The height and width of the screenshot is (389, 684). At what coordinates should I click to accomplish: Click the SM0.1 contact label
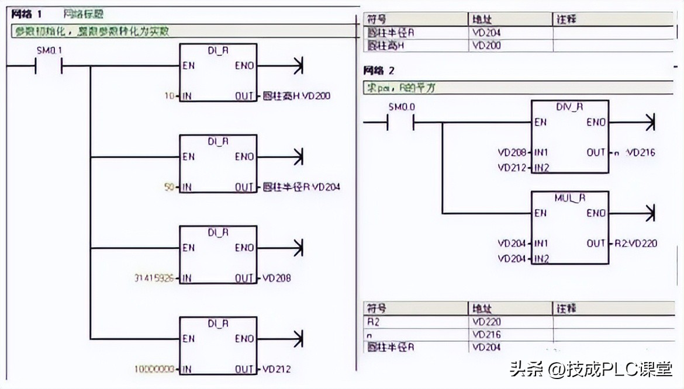coord(49,51)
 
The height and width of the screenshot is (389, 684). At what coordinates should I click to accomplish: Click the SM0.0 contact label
coord(400,107)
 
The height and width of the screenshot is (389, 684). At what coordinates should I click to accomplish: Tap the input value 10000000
coord(154,369)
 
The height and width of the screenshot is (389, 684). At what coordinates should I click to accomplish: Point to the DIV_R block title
coord(569,107)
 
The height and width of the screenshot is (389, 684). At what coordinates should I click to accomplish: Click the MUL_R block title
coord(569,198)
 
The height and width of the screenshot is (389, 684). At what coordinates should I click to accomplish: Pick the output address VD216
coord(641,153)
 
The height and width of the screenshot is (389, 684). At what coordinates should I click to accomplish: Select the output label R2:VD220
coord(636,244)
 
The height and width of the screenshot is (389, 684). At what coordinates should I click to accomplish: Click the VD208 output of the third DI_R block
coord(277,279)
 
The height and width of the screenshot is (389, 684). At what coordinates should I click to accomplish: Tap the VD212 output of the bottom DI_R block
coord(277,369)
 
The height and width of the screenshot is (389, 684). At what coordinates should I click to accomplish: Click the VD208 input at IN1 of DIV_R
coord(513,153)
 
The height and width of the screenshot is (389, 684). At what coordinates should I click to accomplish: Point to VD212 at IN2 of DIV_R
coord(513,168)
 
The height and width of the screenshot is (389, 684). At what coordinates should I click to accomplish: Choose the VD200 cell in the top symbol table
coord(486,46)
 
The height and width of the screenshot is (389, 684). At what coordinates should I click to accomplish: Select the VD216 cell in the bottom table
coord(486,335)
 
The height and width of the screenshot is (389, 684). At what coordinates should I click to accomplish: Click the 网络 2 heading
coord(379,71)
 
